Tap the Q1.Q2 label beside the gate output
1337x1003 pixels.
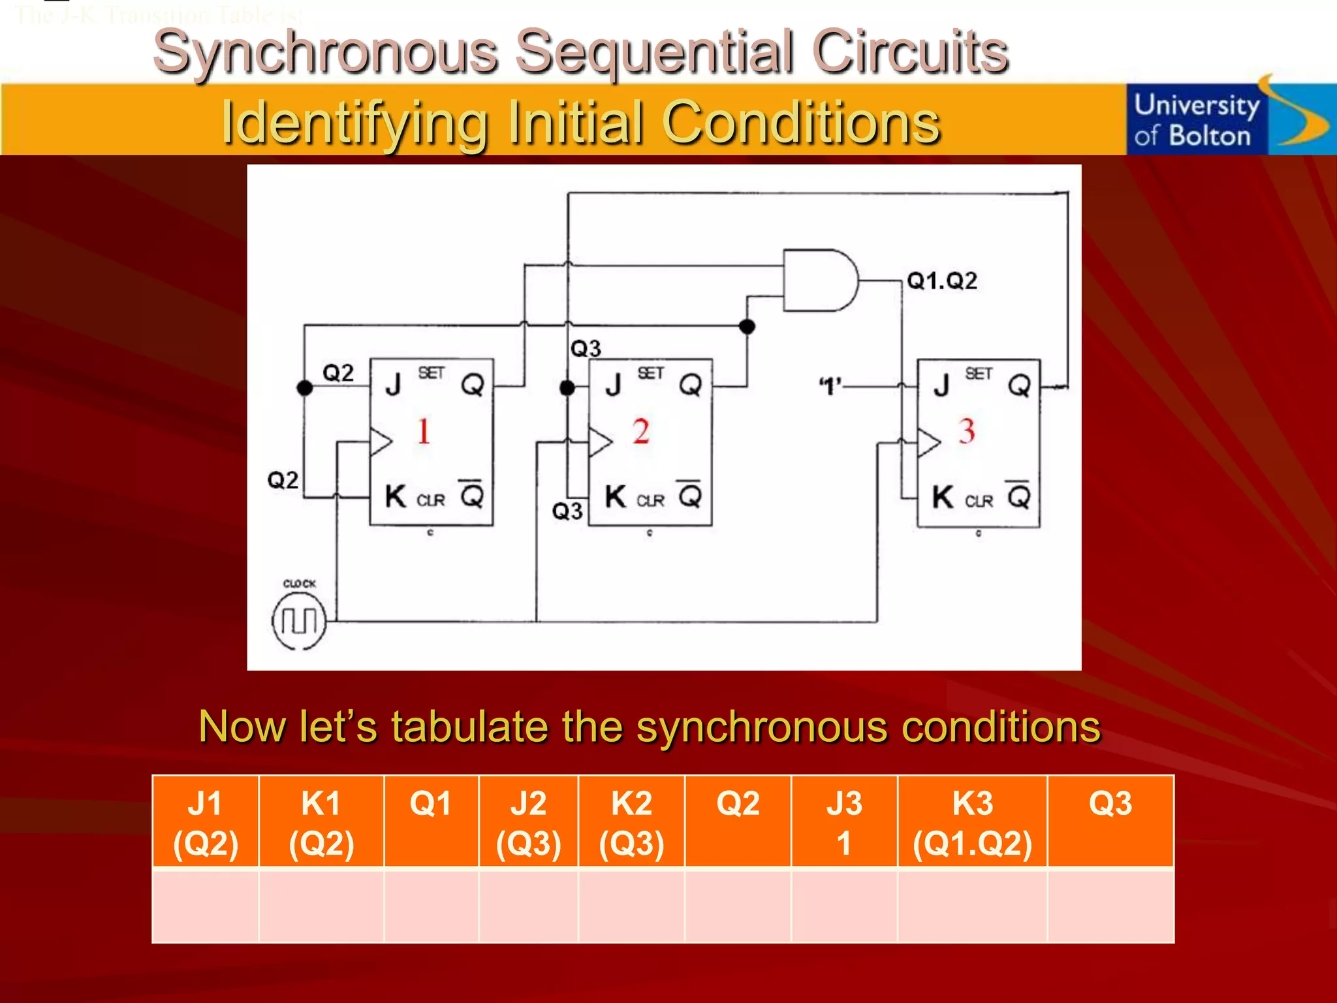pyautogui.click(x=942, y=281)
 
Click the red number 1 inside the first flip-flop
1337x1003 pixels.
pyautogui.click(x=424, y=431)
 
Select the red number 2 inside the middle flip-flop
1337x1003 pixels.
pyautogui.click(x=640, y=432)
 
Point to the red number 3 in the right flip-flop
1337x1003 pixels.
pyautogui.click(x=967, y=432)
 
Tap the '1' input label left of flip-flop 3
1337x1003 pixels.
pyautogui.click(x=830, y=387)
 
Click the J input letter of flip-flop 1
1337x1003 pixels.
pyautogui.click(x=393, y=385)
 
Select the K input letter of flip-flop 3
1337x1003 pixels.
pyautogui.click(x=942, y=498)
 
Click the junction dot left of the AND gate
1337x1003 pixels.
pyautogui.click(x=747, y=326)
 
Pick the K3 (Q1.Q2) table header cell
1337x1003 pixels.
pyautogui.click(x=972, y=822)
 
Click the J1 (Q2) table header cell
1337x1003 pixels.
pyautogui.click(x=206, y=822)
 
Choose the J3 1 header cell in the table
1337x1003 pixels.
pyautogui.click(x=843, y=822)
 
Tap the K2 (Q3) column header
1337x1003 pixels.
pyautogui.click(x=631, y=822)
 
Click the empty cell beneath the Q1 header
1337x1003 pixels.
pyautogui.click(x=431, y=906)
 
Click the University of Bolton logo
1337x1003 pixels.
pyautogui.click(x=1227, y=119)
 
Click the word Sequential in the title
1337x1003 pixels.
pyautogui.click(x=655, y=52)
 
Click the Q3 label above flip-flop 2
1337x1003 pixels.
pyautogui.click(x=586, y=349)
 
